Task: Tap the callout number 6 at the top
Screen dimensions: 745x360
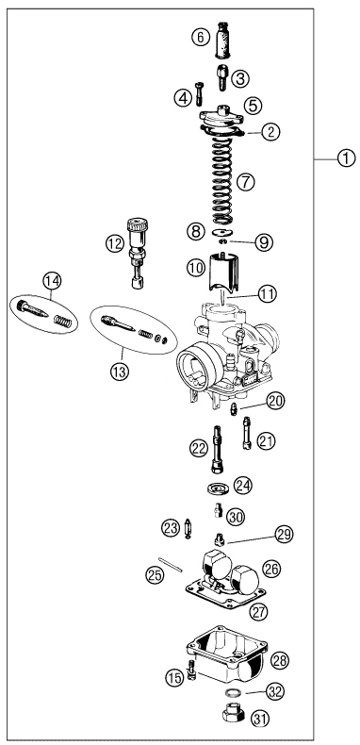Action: [x=200, y=38]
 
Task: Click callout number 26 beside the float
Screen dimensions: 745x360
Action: [x=271, y=569]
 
